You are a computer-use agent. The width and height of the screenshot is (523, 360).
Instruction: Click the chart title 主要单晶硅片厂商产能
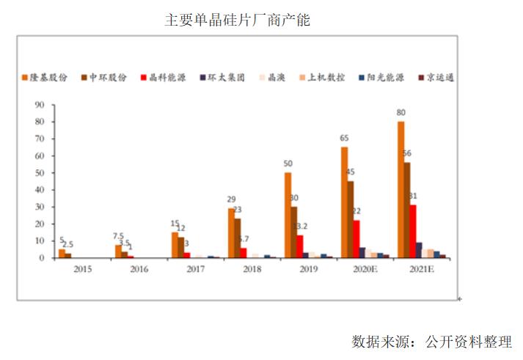237,20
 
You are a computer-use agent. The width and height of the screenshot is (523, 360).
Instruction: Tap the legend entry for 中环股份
108,77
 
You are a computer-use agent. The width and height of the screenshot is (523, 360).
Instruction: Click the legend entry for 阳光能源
384,77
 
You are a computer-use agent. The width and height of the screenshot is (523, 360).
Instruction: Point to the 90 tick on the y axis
39,104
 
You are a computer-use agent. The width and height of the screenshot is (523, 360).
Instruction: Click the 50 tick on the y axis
39,172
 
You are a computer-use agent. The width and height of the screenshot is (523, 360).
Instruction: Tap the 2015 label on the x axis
83,269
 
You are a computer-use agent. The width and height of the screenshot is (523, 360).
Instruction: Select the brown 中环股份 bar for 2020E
351,219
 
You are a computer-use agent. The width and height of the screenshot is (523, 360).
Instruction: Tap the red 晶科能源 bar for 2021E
413,231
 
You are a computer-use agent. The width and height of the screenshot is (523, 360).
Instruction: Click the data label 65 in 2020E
344,139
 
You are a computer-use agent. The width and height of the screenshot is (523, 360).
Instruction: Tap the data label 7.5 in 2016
118,236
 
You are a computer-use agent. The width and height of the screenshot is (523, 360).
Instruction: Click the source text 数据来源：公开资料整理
431,341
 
